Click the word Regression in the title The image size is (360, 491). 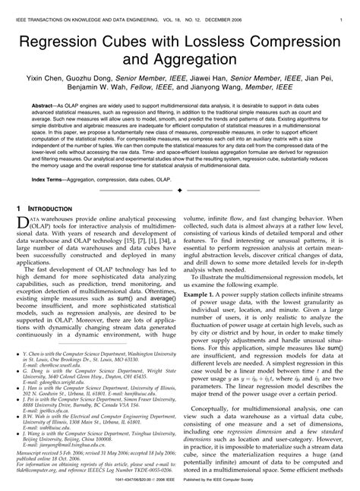coord(71,40)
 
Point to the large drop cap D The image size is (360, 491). coord(23,224)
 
